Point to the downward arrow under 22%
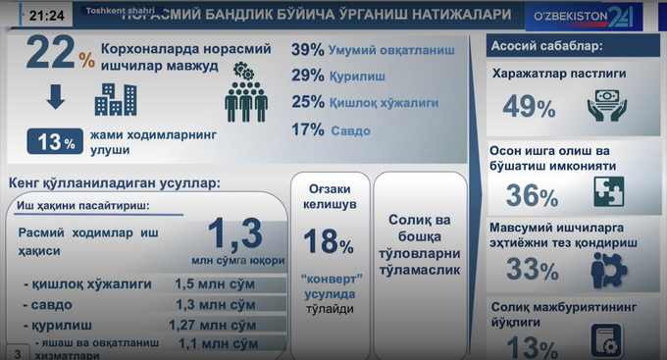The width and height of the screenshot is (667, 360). click(x=55, y=99)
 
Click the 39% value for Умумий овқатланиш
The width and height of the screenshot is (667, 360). click(x=308, y=51)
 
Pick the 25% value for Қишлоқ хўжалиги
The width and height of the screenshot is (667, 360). click(x=308, y=101)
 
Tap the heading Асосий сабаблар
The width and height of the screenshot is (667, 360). click(x=547, y=46)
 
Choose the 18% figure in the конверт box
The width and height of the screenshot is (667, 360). click(x=329, y=240)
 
